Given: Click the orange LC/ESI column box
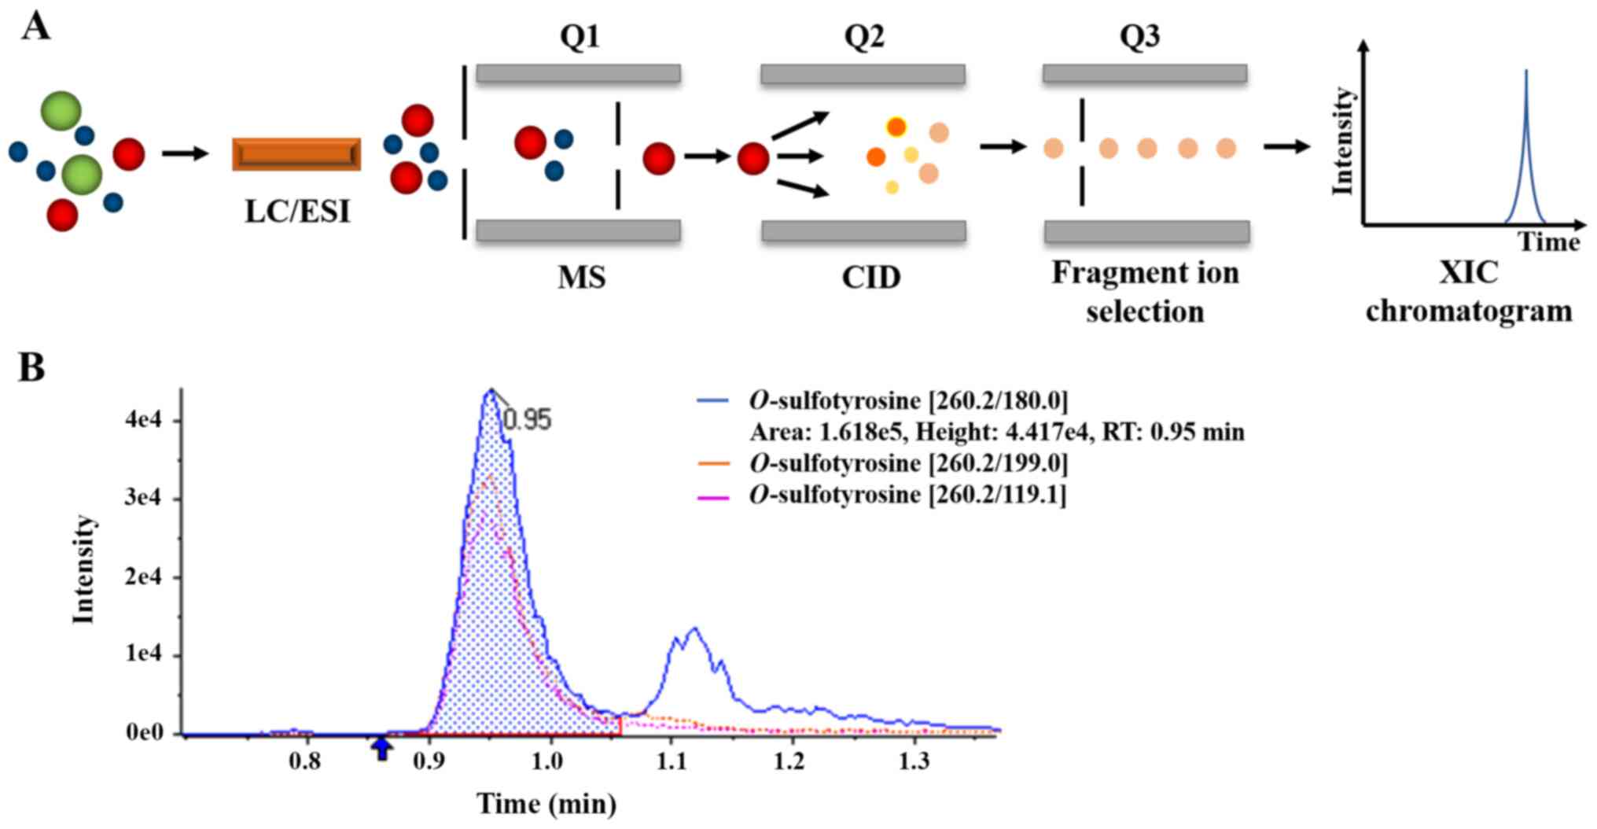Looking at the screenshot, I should (x=296, y=154).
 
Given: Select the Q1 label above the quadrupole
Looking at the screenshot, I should (x=580, y=37).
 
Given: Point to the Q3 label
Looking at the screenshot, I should (x=1139, y=37).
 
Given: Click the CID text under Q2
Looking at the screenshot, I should (x=870, y=278).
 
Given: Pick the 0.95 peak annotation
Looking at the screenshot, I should (x=527, y=420).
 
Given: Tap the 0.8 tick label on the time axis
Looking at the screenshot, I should (x=305, y=761).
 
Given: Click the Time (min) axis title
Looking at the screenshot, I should (x=546, y=804).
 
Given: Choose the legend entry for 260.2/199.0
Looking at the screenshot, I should (x=908, y=463).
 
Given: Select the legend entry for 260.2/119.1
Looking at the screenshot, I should (x=907, y=495).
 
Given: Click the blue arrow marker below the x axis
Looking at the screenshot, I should (x=382, y=748).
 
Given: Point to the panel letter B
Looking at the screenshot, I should (x=31, y=367).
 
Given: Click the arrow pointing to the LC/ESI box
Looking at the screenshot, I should (x=185, y=153).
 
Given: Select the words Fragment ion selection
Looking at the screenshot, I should (x=1145, y=292).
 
